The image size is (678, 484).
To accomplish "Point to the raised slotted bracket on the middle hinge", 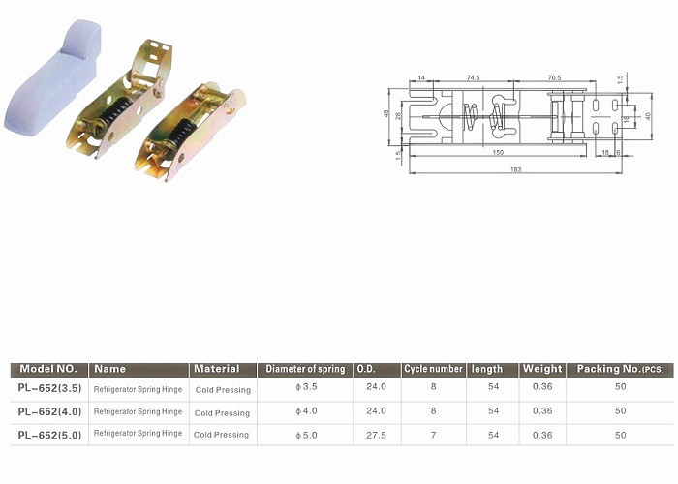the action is [153, 60].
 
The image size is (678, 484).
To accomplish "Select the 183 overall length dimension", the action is [515, 169].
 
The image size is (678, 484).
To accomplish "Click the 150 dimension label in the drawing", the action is [498, 152].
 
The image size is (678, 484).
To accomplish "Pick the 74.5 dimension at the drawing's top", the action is [473, 77].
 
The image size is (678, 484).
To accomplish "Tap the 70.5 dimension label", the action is [554, 77].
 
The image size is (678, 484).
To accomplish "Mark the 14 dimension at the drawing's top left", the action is [421, 77].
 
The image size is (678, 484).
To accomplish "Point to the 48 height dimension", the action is [386, 113].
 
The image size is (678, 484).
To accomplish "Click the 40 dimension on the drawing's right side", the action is [648, 116].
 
